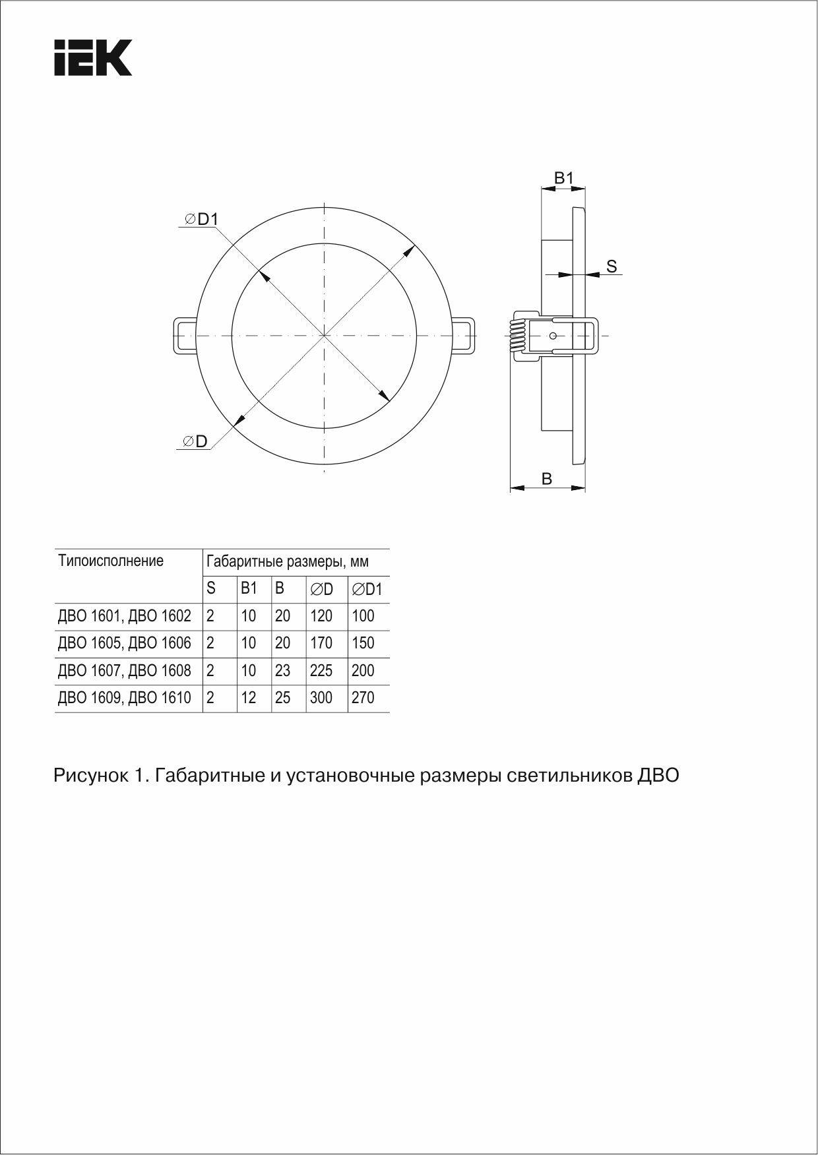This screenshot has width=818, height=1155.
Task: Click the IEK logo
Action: click(x=93, y=57)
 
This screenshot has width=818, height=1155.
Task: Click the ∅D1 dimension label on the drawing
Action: click(x=202, y=220)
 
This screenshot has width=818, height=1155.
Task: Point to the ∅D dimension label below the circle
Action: click(x=196, y=441)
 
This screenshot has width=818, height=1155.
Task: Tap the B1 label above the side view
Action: click(x=563, y=178)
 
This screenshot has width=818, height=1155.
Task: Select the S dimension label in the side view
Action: click(x=612, y=266)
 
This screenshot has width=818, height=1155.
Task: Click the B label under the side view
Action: click(x=546, y=479)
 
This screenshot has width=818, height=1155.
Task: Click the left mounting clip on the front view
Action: click(x=184, y=336)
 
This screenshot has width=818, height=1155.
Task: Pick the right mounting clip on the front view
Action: click(x=464, y=336)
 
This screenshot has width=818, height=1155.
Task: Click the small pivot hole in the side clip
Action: click(x=553, y=336)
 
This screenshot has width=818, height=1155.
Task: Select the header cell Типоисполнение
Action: click(x=111, y=561)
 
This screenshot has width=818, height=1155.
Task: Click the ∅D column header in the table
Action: click(x=322, y=589)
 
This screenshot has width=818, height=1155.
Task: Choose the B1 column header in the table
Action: click(x=249, y=588)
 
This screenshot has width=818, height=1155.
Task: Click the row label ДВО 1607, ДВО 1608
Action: click(x=125, y=671)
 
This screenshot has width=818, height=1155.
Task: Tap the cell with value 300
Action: click(x=321, y=698)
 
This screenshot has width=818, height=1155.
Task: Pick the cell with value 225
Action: click(x=321, y=671)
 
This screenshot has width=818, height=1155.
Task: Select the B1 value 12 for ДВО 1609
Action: click(x=248, y=698)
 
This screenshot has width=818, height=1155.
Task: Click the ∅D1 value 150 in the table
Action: click(x=363, y=643)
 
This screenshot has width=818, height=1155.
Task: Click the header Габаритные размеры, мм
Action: click(x=288, y=562)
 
